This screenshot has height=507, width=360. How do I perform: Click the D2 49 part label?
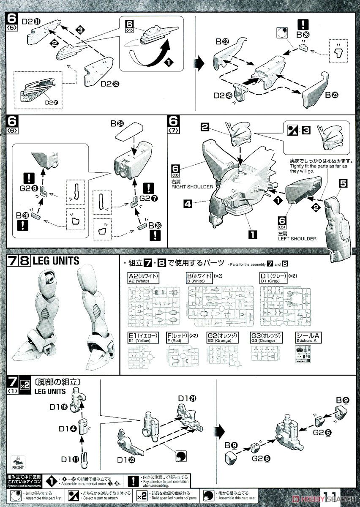[223, 95]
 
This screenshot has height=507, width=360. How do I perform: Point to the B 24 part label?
[118, 124]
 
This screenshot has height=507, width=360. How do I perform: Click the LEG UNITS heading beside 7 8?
[56, 261]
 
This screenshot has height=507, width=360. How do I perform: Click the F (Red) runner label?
[182, 338]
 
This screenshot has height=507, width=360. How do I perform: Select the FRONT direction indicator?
[18, 467]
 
